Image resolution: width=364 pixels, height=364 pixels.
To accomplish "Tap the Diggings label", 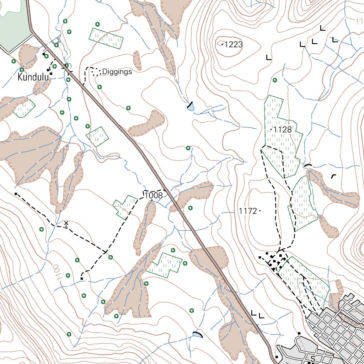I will click(x=117, y=72).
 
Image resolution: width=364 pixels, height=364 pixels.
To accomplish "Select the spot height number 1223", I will click(x=234, y=44).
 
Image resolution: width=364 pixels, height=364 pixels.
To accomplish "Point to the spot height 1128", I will click(x=283, y=130).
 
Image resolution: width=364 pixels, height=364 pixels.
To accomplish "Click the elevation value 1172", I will click(x=248, y=211).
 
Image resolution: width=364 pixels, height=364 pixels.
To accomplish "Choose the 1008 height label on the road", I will click(x=154, y=195).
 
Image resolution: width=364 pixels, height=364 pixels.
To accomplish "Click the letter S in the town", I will click(x=313, y=358).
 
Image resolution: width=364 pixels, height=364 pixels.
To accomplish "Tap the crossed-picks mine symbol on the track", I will click(x=66, y=224).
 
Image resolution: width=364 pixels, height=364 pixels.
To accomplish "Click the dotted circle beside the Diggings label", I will click(x=95, y=73).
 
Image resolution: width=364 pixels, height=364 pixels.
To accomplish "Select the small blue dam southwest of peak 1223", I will click(x=191, y=106).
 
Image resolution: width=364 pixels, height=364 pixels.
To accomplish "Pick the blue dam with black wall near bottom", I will click(x=197, y=334).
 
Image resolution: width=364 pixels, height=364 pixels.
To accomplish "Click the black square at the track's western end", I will click(x=16, y=194).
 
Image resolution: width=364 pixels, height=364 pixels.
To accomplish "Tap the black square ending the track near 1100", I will click(x=82, y=279).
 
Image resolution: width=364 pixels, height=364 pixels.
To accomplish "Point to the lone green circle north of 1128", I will click(x=275, y=80).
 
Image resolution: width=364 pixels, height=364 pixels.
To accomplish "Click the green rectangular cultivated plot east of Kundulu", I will click(x=106, y=38).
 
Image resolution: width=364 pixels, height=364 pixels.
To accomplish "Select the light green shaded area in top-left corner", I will click(x=12, y=21).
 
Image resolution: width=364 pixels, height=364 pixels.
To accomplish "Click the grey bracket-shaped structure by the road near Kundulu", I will click(x=55, y=42).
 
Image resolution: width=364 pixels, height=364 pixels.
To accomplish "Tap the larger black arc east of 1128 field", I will click(x=308, y=165).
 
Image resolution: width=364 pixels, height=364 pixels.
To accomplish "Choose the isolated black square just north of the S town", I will click(x=299, y=333).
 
